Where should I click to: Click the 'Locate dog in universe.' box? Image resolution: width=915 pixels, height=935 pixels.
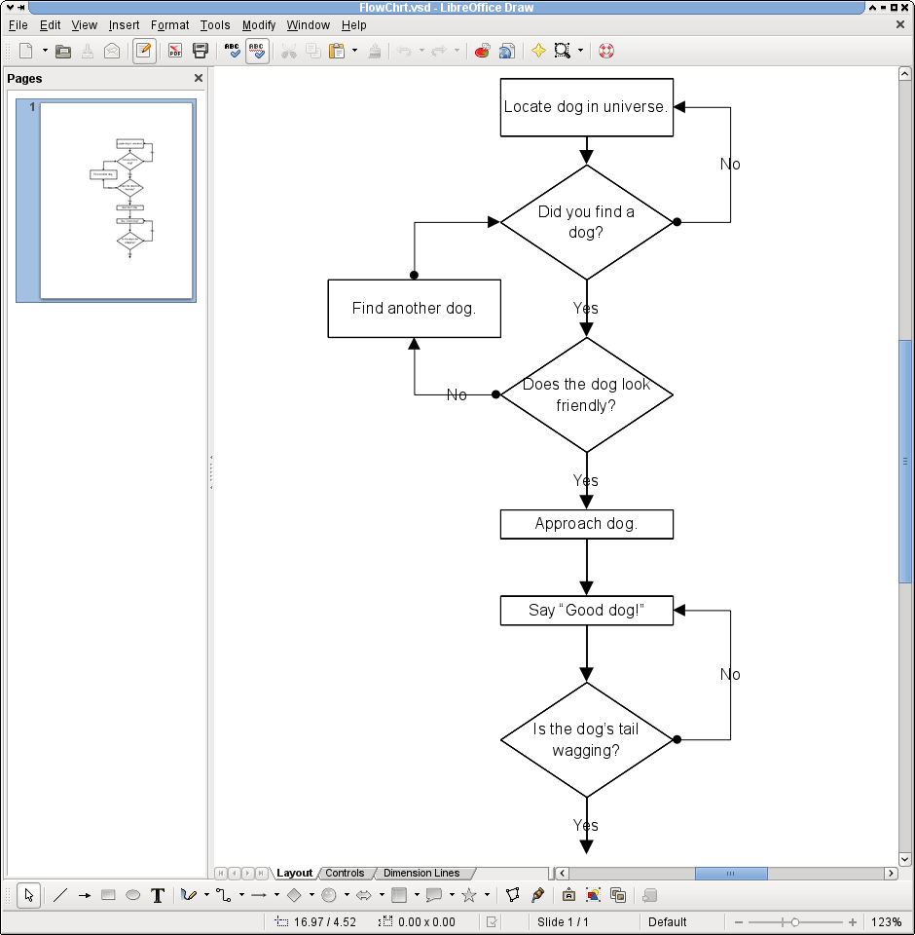click(586, 107)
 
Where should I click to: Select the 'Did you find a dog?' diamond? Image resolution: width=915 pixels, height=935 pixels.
click(586, 222)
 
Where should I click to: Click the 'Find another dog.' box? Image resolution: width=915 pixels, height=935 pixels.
click(414, 309)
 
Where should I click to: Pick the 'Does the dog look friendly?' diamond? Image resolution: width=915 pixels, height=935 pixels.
click(586, 394)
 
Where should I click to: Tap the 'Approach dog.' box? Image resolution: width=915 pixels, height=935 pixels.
click(586, 524)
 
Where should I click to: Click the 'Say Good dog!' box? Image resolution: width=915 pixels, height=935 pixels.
click(586, 611)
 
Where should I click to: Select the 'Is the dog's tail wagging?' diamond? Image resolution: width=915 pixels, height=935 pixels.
click(586, 739)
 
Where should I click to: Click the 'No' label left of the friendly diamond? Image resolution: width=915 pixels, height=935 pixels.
click(457, 394)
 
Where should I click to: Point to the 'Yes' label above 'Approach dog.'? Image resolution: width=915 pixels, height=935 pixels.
click(585, 480)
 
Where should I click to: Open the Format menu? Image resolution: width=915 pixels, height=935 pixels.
click(169, 25)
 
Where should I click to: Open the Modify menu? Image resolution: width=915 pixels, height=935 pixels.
click(258, 25)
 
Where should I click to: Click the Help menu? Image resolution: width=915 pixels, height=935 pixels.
click(353, 25)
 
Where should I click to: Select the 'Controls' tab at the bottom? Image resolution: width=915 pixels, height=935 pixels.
click(345, 873)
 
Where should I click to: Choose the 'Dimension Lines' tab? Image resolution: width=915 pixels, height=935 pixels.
click(421, 873)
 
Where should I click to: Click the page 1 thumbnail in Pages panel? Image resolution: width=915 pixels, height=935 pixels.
click(116, 201)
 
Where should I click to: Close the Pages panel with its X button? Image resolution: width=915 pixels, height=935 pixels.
click(199, 78)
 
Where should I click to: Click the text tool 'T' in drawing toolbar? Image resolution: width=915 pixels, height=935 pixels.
click(158, 895)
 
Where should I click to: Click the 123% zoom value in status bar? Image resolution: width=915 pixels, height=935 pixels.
click(886, 921)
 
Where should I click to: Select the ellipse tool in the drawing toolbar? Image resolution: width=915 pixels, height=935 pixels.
click(133, 895)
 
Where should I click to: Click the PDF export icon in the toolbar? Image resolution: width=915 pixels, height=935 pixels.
click(175, 51)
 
